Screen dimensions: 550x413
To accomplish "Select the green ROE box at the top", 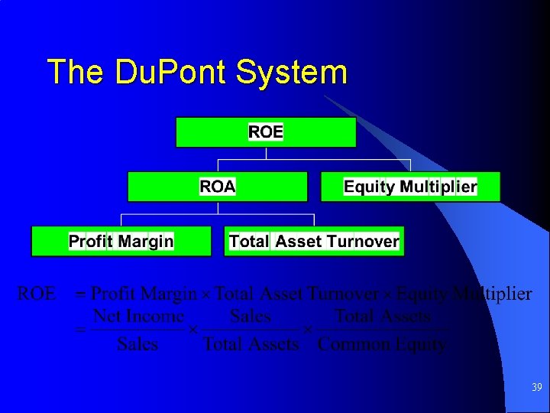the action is pos(266,132).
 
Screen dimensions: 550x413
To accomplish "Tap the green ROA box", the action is pos(218,187).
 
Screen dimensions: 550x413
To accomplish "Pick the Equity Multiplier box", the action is pos(410,187).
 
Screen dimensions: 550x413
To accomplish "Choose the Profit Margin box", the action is pos(121,242).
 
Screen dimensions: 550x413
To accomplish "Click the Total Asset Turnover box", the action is pos(314,242).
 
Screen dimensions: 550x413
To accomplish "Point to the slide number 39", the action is pos(536,388).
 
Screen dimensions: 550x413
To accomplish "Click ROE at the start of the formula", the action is pos(36,294).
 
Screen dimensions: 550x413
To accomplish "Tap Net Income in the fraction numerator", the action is pos(138,316).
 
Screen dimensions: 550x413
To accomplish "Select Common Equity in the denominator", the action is pos(382,344).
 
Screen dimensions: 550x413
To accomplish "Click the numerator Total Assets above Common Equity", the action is pos(382,316).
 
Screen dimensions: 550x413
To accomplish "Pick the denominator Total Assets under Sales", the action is pos(251,344).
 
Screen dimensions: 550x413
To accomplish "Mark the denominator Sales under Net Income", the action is pos(137,344).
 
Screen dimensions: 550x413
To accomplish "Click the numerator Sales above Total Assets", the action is pos(251,316).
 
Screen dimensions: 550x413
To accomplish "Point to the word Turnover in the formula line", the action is pos(343,294).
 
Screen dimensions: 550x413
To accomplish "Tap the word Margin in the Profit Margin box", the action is pos(145,242).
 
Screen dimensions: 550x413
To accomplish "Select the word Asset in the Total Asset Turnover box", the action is pos(298,242).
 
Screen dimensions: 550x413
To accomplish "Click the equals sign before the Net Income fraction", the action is pos(78,330).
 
